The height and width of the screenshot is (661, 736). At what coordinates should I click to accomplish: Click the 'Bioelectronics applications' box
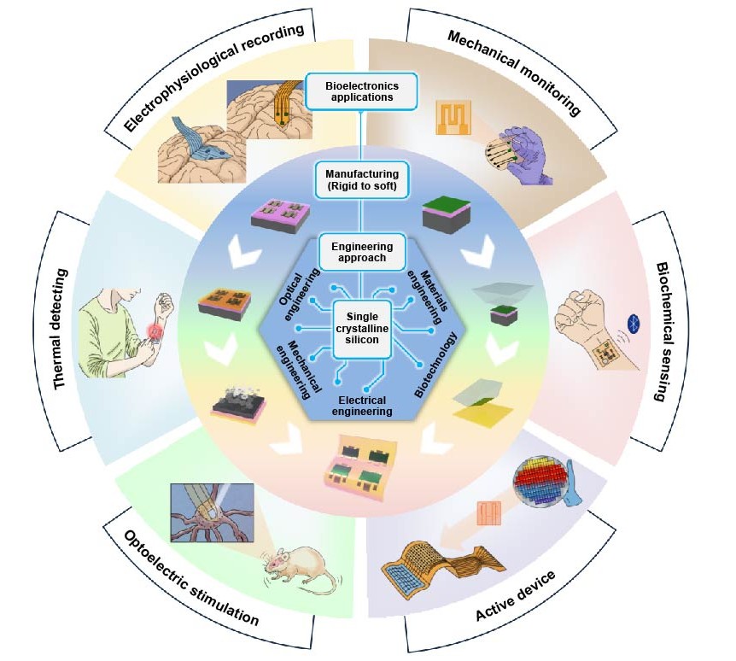tap(369, 91)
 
